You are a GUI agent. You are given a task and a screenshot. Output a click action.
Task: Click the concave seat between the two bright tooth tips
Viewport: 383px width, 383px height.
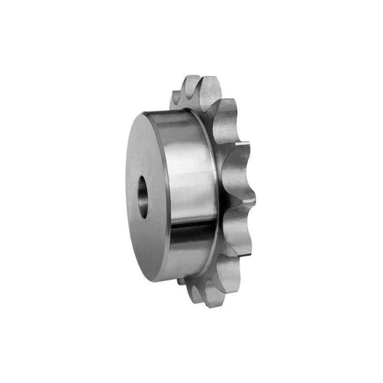[x=237, y=172]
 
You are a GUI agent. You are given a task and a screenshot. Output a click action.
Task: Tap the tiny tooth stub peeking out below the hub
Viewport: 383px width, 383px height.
[x=180, y=282]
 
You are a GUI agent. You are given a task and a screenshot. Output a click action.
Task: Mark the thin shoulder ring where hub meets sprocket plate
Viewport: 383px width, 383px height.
[x=211, y=191]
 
